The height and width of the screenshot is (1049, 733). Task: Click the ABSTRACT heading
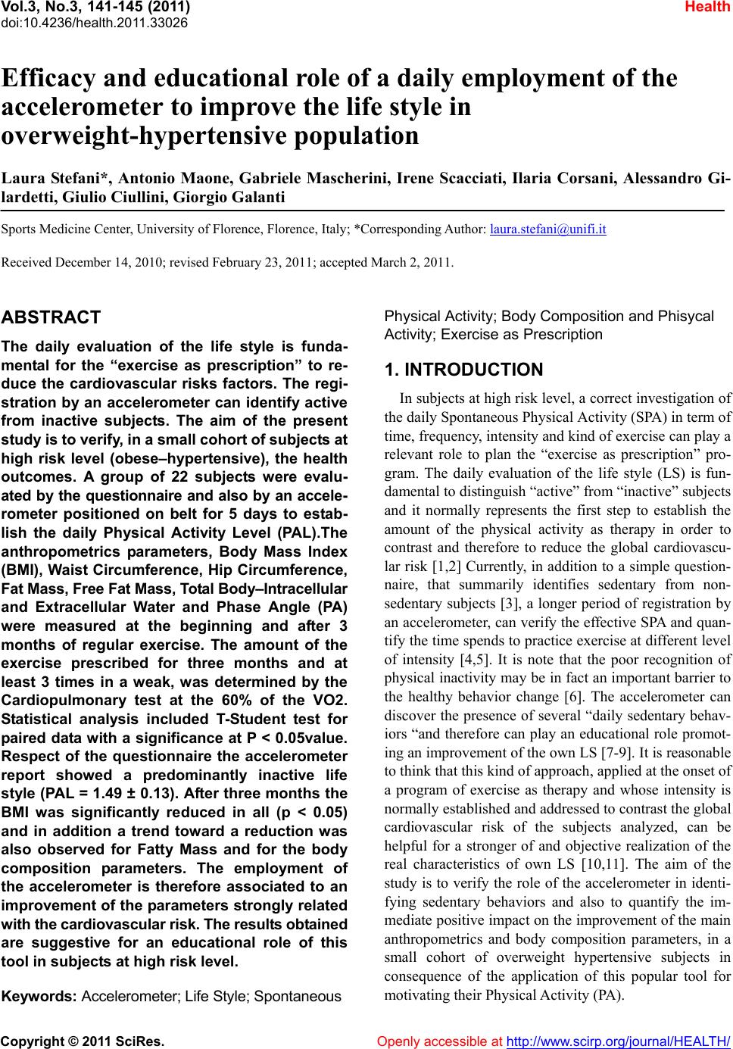click(52, 317)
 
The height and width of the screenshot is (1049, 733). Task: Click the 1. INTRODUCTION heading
click(463, 370)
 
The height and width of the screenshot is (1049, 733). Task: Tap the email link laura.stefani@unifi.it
click(548, 228)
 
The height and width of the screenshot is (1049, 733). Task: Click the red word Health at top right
click(710, 8)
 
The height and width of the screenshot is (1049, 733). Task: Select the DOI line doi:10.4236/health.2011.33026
click(94, 22)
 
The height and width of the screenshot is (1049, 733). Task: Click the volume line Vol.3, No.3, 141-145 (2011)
click(95, 8)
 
